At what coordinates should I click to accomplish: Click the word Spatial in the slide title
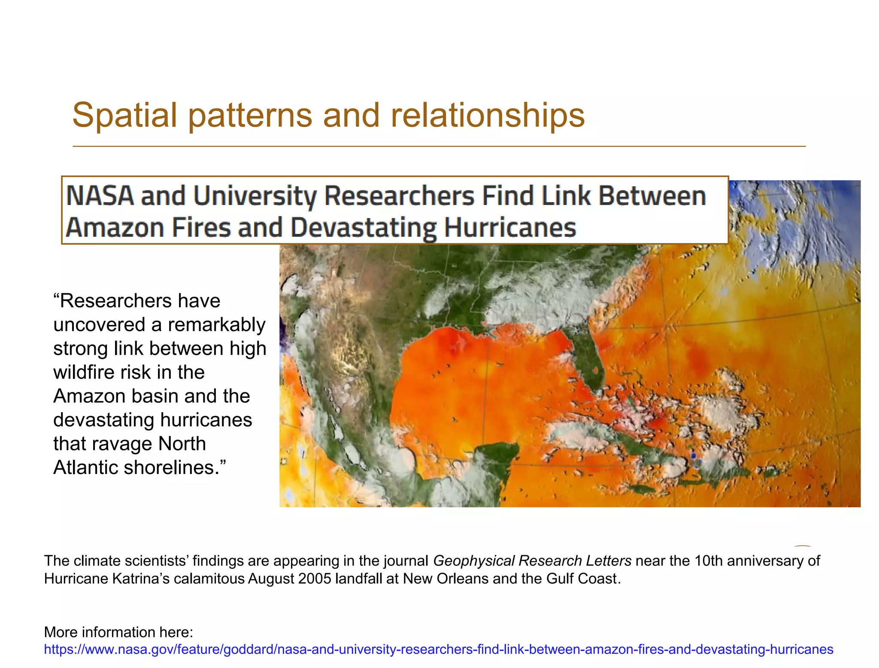124,115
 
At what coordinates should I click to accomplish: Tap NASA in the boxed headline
100,196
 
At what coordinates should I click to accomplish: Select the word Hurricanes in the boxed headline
510,227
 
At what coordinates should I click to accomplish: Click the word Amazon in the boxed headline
115,227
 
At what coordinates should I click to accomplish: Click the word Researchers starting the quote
140,301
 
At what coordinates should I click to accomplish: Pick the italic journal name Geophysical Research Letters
532,561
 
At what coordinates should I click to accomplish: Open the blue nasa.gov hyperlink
438,649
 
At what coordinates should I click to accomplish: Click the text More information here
118,632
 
